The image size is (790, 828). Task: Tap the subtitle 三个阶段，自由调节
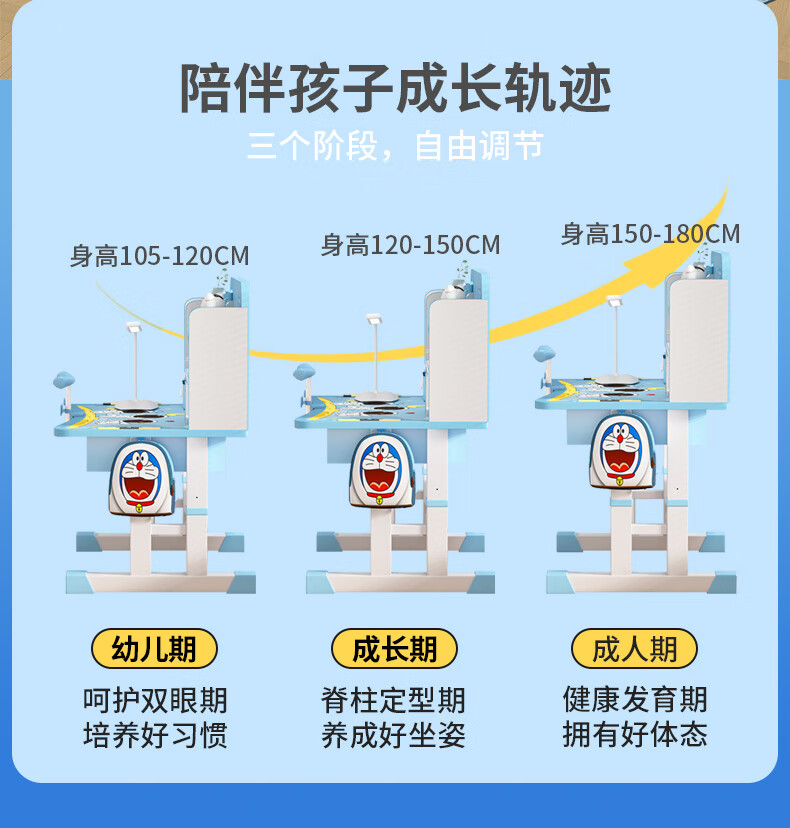[x=395, y=147]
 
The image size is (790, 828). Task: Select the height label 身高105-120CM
[x=159, y=257]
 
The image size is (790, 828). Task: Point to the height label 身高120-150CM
[x=410, y=245]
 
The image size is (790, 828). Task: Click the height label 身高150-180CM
[x=650, y=234]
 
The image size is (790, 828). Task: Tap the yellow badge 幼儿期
[x=154, y=649]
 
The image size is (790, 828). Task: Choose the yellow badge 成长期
[x=394, y=649]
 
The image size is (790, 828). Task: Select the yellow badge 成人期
[x=634, y=649]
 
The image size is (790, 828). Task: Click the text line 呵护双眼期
[x=155, y=699]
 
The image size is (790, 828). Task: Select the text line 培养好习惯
[x=155, y=736]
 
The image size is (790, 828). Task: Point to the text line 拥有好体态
[x=635, y=735]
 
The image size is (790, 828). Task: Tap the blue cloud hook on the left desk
[x=64, y=380]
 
